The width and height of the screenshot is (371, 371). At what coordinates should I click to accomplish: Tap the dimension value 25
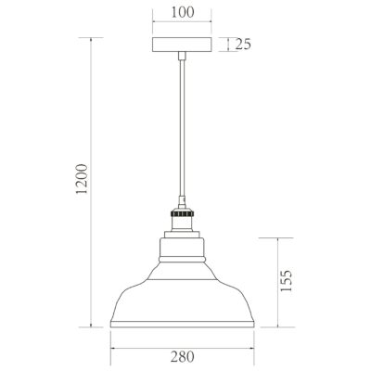pos(243,44)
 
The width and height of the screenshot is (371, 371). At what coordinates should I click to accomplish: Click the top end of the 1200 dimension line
pos(91,38)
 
